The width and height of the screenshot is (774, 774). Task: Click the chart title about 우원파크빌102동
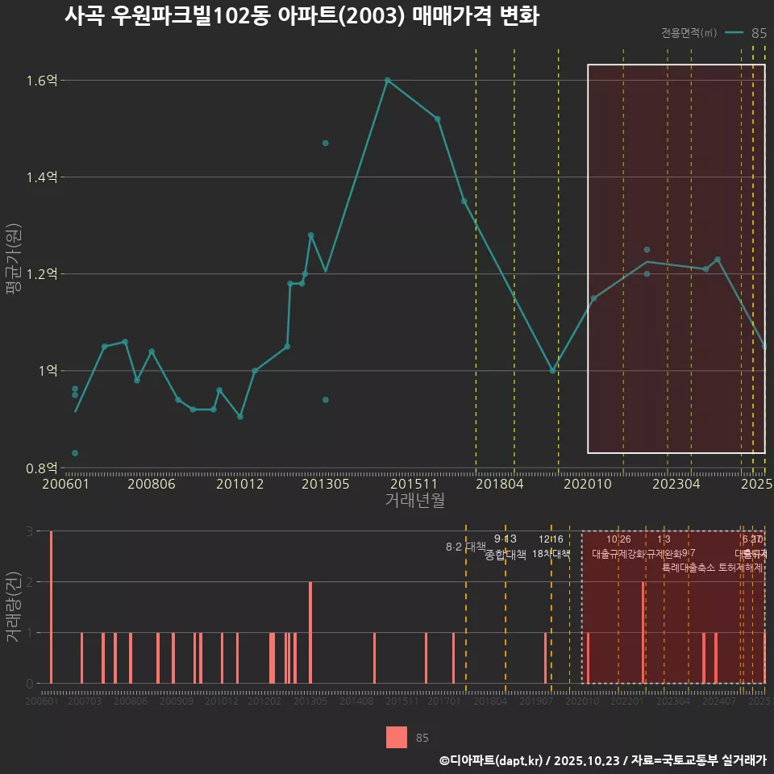302,16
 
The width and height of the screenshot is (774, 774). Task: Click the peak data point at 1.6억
388,80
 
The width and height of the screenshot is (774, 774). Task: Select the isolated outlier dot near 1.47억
326,143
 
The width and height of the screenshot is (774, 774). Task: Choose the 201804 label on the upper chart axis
500,485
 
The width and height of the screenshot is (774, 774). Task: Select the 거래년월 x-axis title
414,501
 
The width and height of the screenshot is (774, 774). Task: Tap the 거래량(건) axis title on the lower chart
13,607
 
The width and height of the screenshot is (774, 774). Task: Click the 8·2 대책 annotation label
466,547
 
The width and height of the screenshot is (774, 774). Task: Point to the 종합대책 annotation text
506,555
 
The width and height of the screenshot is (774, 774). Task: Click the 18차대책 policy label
551,554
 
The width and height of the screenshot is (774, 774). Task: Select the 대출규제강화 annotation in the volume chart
618,554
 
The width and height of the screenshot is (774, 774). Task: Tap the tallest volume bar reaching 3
51,607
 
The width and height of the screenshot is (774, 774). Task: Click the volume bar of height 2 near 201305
310,632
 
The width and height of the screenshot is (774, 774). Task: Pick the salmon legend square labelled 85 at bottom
397,737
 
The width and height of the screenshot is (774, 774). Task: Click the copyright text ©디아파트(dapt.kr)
492,760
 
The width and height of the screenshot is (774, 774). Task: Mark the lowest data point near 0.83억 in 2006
75,453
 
